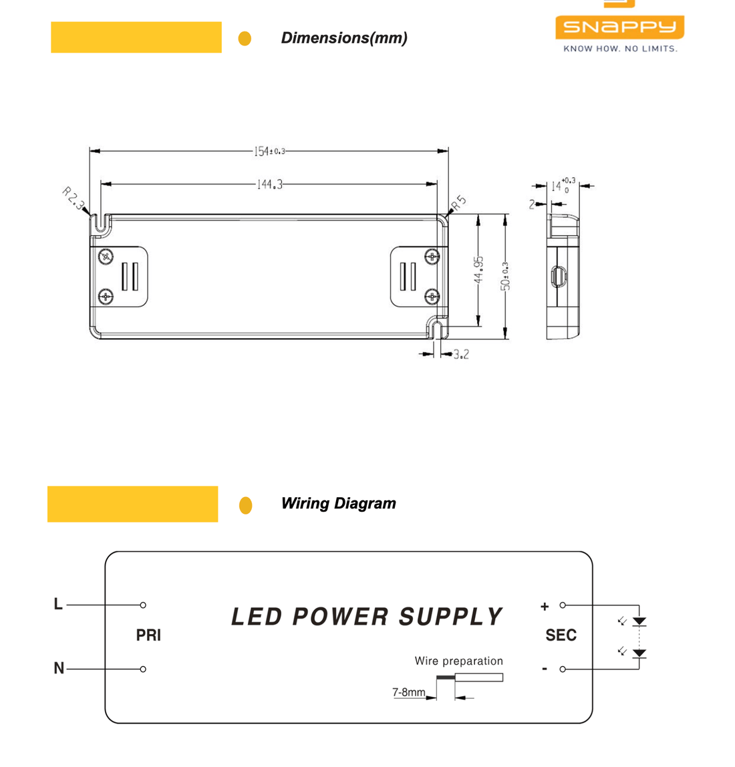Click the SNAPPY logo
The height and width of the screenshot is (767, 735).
[619, 27]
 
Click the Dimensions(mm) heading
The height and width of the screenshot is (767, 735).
[344, 38]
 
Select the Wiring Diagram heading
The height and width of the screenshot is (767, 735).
[338, 504]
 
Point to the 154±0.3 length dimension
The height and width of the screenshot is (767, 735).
[269, 152]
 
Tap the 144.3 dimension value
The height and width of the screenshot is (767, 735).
[269, 184]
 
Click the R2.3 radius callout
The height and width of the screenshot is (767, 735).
[73, 198]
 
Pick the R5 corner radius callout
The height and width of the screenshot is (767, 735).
[458, 202]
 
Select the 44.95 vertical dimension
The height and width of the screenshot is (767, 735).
[478, 269]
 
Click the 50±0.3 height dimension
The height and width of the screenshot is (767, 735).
[506, 276]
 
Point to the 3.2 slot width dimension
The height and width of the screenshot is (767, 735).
[461, 354]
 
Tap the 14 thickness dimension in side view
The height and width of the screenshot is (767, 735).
[557, 186]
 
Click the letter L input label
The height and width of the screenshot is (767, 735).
[58, 604]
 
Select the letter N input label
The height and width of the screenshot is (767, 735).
[59, 668]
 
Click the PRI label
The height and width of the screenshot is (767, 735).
[148, 635]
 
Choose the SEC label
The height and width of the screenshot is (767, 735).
[561, 635]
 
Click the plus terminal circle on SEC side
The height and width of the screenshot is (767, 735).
[563, 605]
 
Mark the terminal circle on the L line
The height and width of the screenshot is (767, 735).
[143, 605]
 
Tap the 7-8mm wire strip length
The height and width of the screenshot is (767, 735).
[408, 692]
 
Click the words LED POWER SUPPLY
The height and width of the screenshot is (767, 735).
[366, 617]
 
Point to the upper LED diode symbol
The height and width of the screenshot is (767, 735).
[639, 621]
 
